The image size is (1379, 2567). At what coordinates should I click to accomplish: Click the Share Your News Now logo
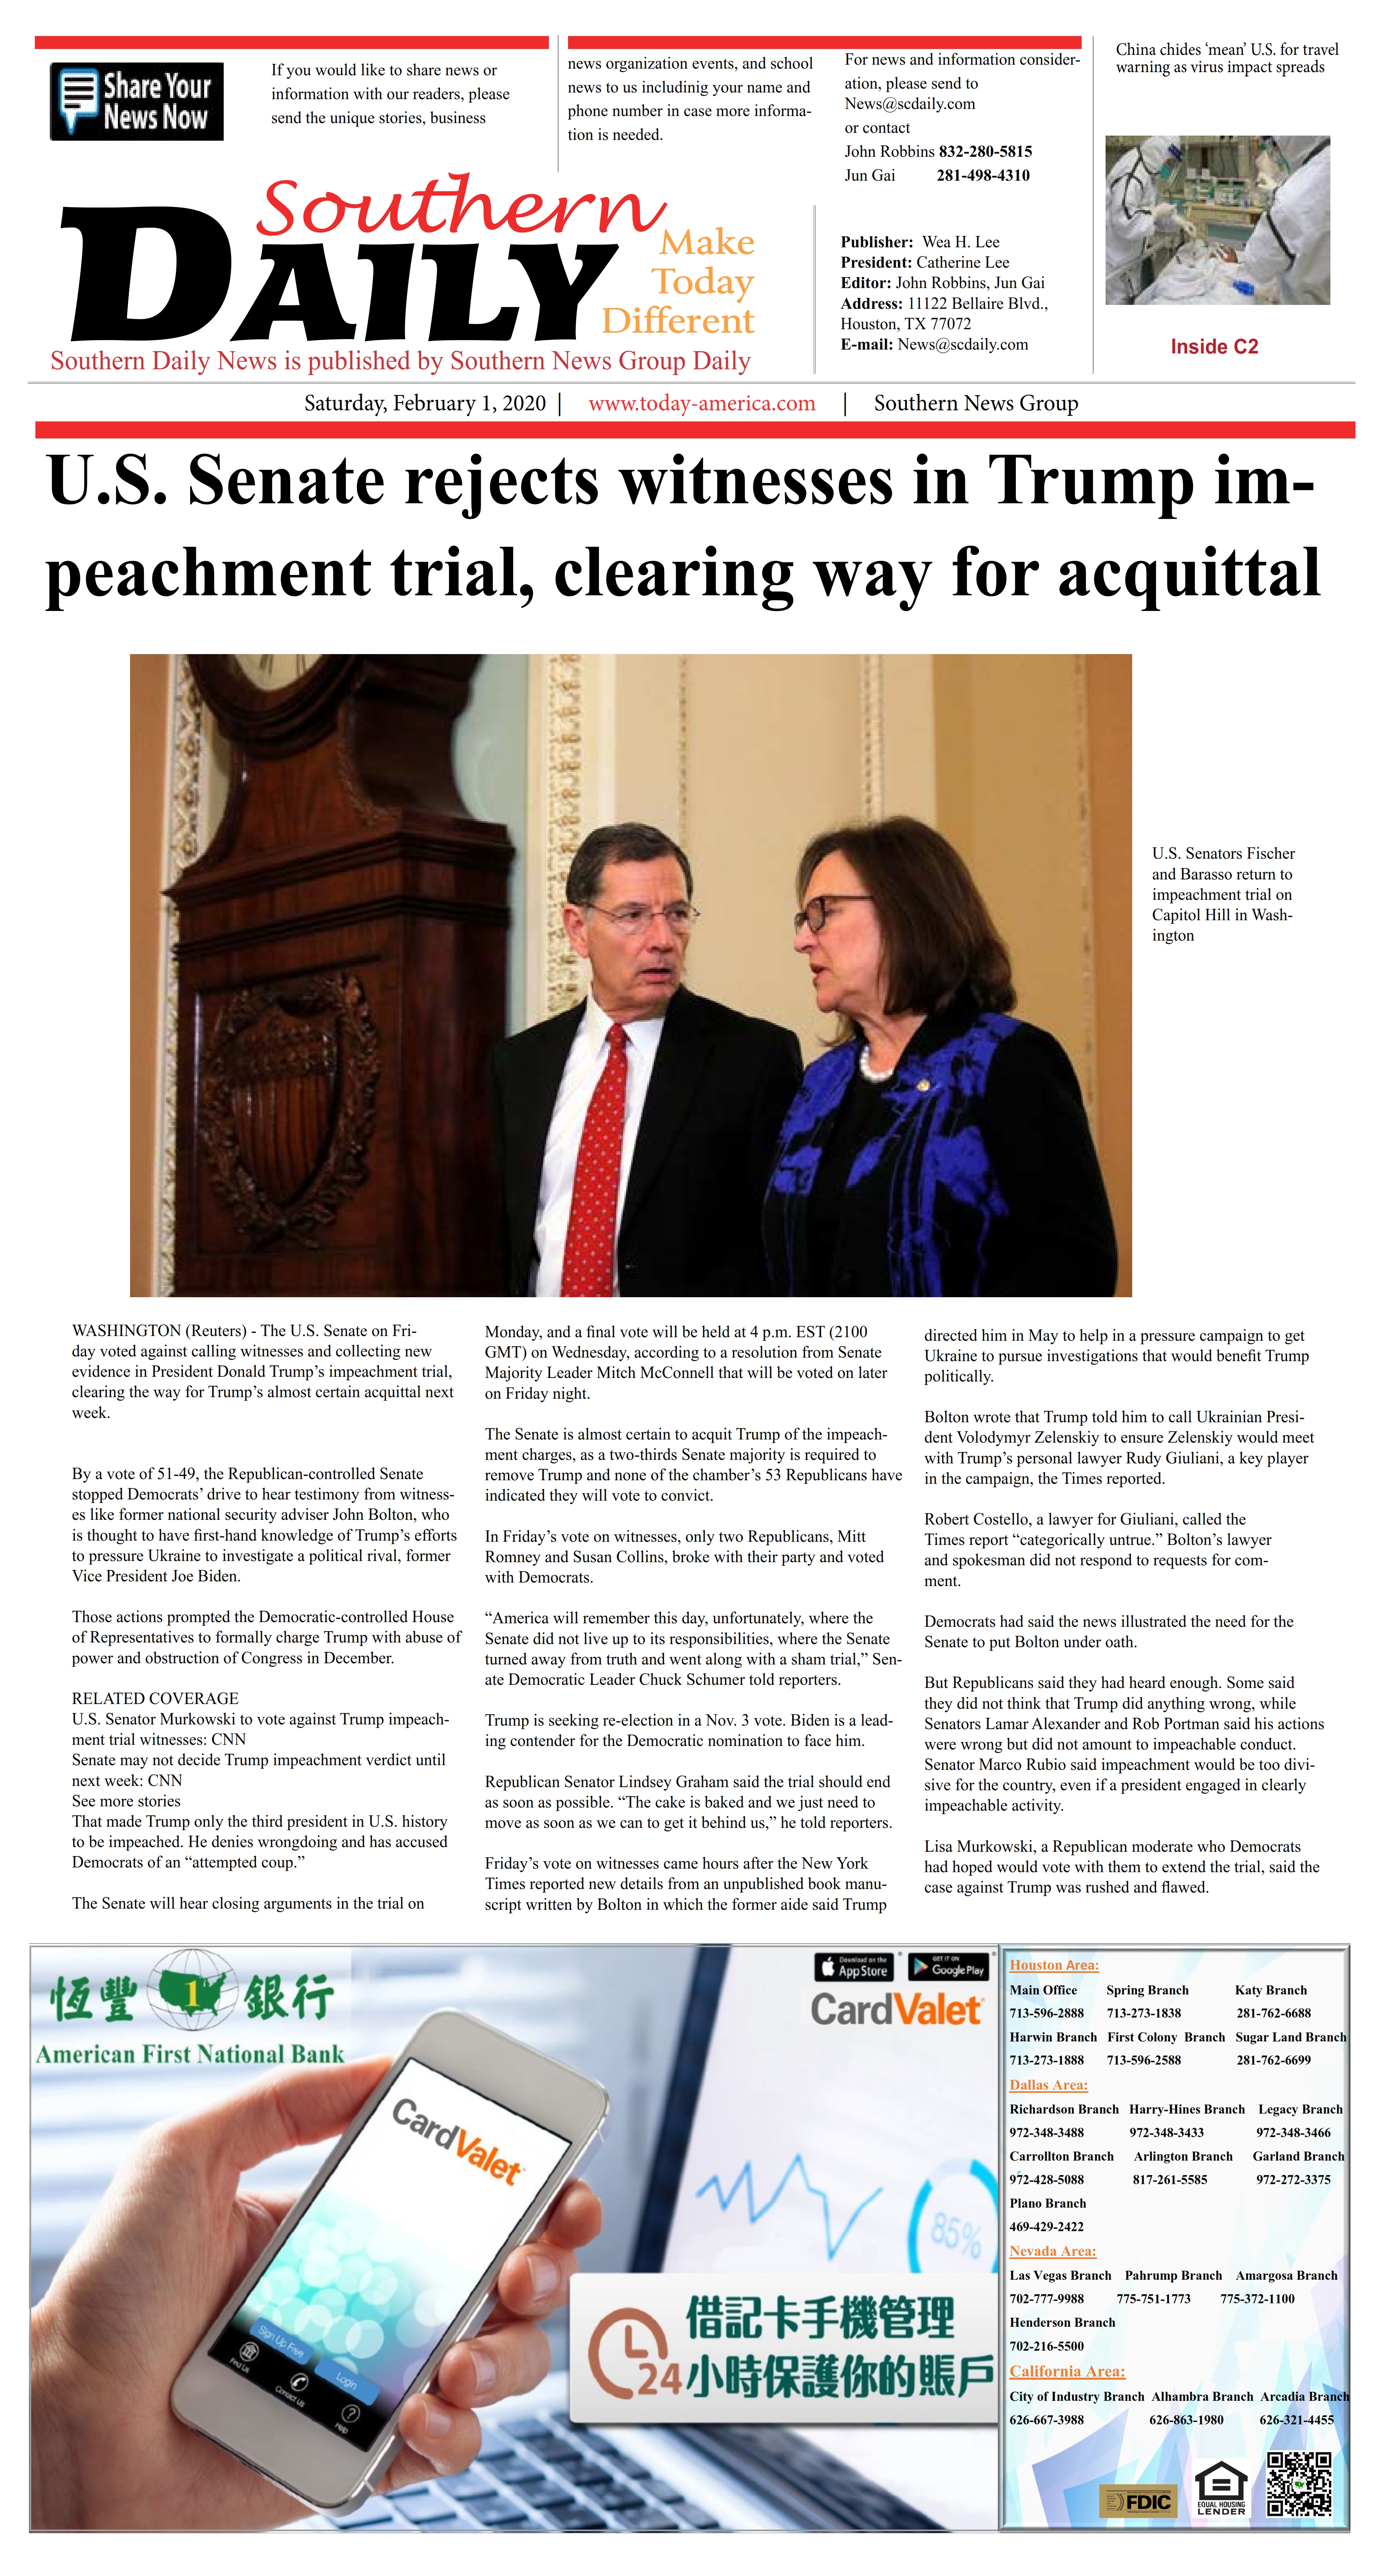coord(136,102)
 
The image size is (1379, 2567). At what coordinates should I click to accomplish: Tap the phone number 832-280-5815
coord(984,151)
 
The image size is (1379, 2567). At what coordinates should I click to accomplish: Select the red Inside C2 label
coord(1214,347)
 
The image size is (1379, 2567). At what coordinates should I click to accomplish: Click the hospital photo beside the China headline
coord(1216,220)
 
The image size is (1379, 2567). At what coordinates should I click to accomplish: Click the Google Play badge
coord(948,1966)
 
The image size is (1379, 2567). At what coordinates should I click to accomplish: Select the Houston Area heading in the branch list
coord(1053,1965)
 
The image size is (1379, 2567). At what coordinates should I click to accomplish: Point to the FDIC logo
coord(1137,2501)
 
